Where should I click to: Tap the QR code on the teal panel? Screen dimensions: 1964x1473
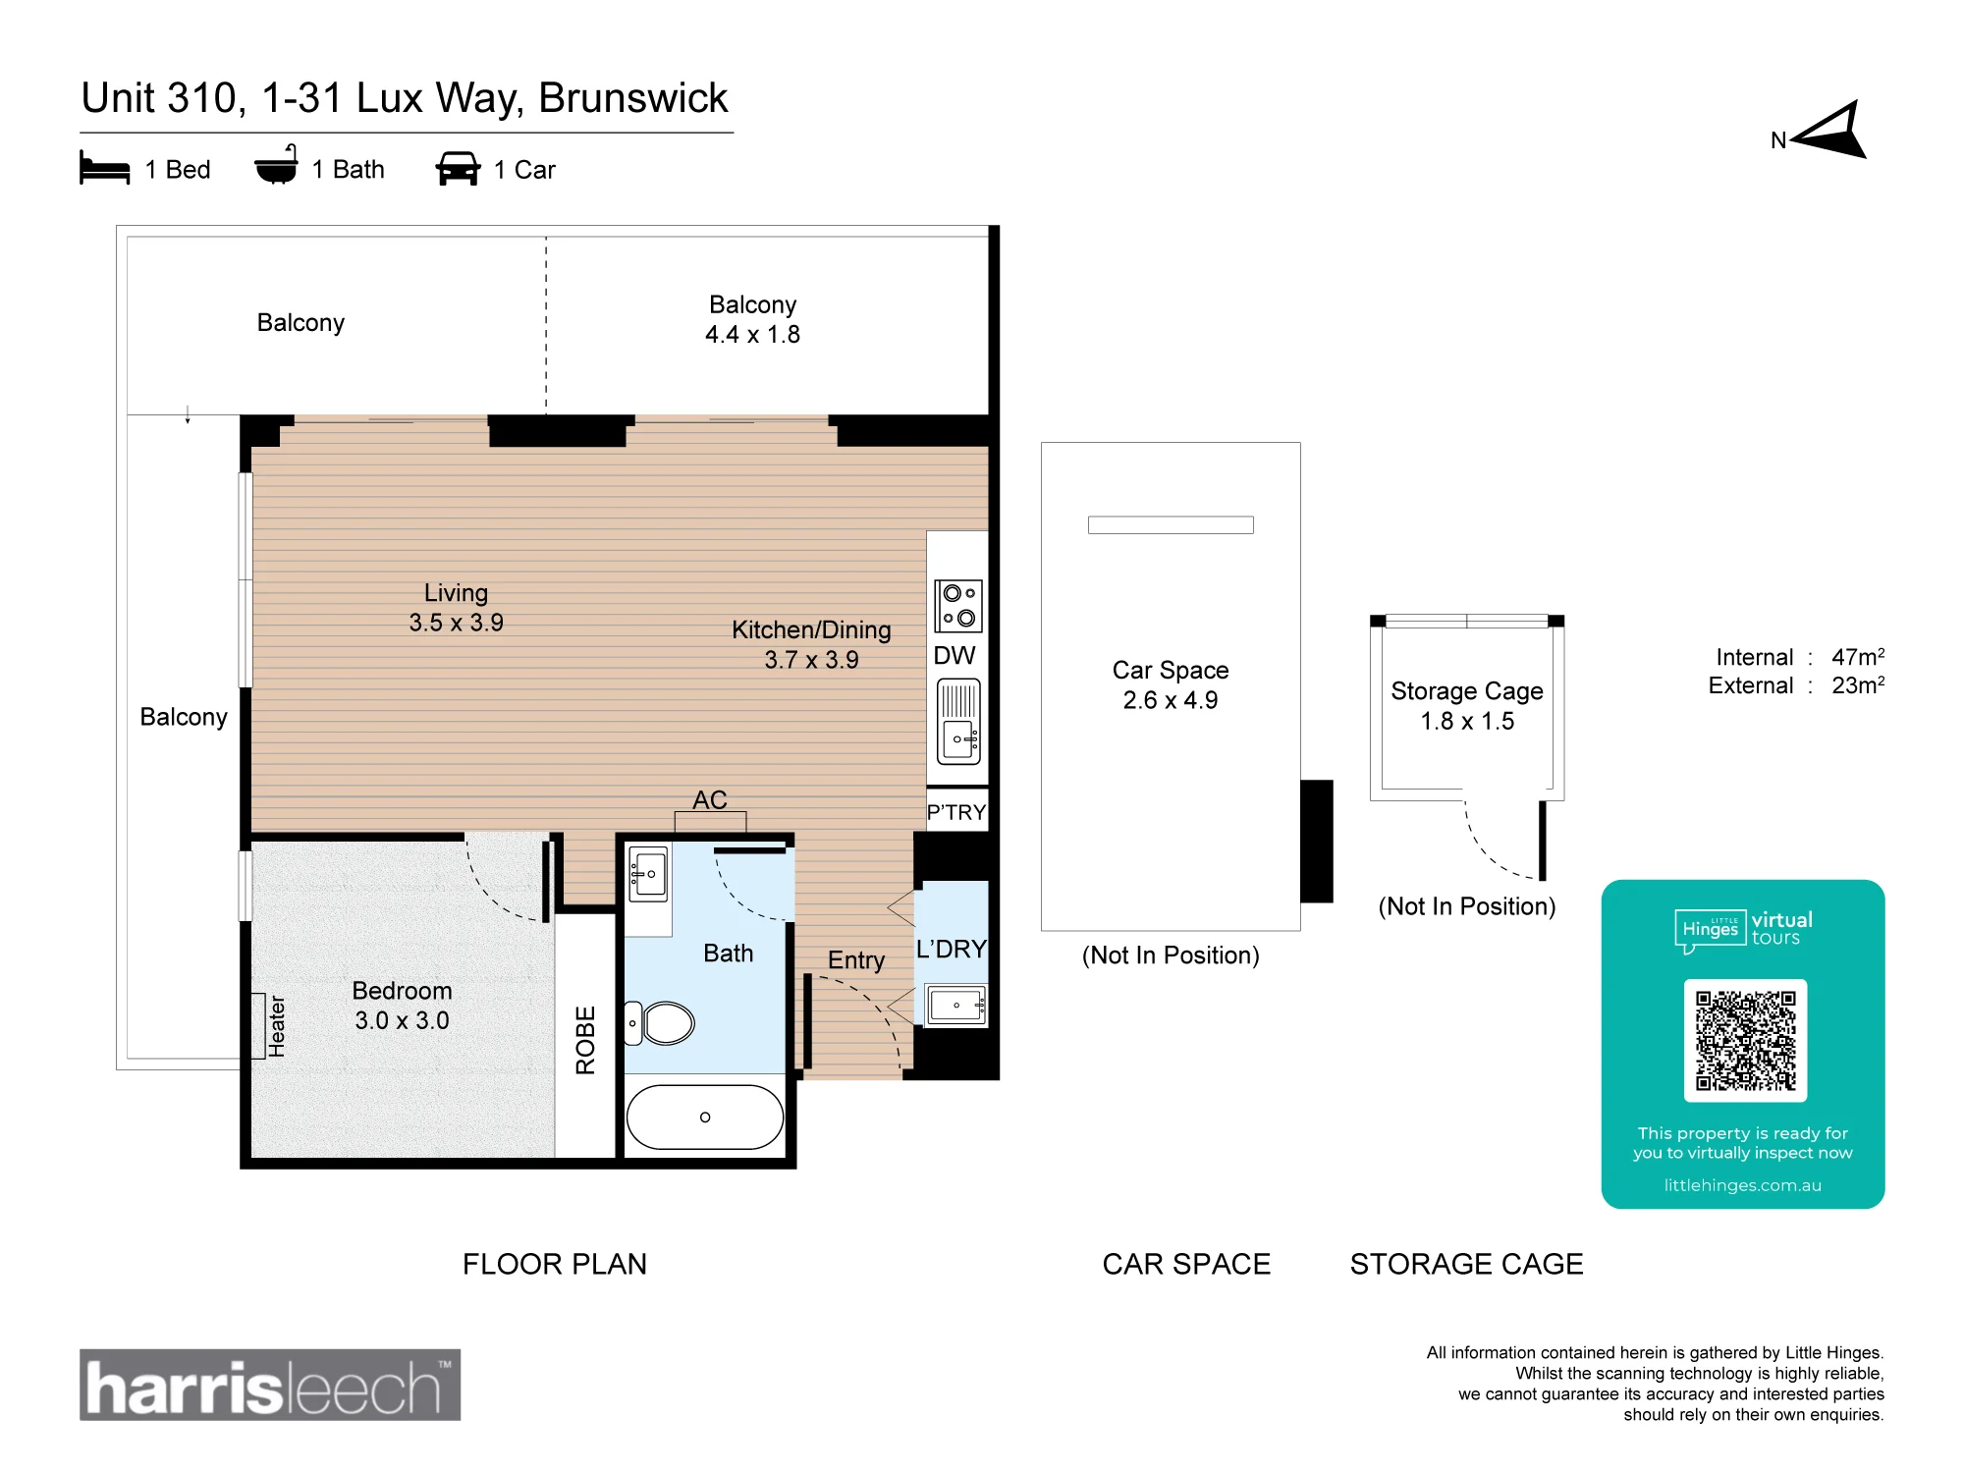1745,1041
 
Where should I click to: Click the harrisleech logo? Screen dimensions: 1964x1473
270,1385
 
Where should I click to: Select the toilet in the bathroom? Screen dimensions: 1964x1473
660,1023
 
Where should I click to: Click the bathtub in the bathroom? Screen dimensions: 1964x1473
705,1118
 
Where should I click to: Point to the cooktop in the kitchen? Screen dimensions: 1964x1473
958,605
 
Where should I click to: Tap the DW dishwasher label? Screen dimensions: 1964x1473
955,656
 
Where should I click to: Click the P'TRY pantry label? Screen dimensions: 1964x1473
956,812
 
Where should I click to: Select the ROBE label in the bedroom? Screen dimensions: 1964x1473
586,1040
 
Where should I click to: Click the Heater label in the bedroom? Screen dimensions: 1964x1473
277,1026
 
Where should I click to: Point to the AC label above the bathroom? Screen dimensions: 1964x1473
710,800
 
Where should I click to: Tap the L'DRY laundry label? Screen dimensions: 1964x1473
951,950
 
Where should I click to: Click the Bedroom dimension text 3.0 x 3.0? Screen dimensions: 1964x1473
403,1021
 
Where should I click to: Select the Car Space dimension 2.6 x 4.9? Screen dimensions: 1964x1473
1171,700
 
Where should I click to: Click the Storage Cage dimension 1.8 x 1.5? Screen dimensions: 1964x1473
1467,722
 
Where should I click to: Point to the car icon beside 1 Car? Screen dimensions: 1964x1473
458,168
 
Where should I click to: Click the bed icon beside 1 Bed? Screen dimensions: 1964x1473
105,168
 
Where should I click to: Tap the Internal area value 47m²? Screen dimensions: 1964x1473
1858,657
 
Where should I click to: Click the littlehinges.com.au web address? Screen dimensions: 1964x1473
1743,1185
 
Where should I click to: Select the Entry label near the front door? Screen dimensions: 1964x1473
856,960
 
